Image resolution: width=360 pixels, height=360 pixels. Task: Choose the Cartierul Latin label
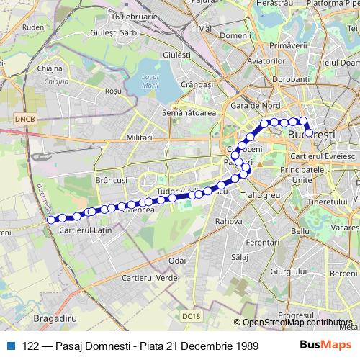tap(84, 230)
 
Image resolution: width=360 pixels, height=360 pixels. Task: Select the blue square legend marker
tap(10, 346)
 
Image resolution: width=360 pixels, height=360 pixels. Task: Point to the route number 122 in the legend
tap(30, 346)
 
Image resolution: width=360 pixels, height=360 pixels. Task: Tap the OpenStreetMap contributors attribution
tap(297, 323)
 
